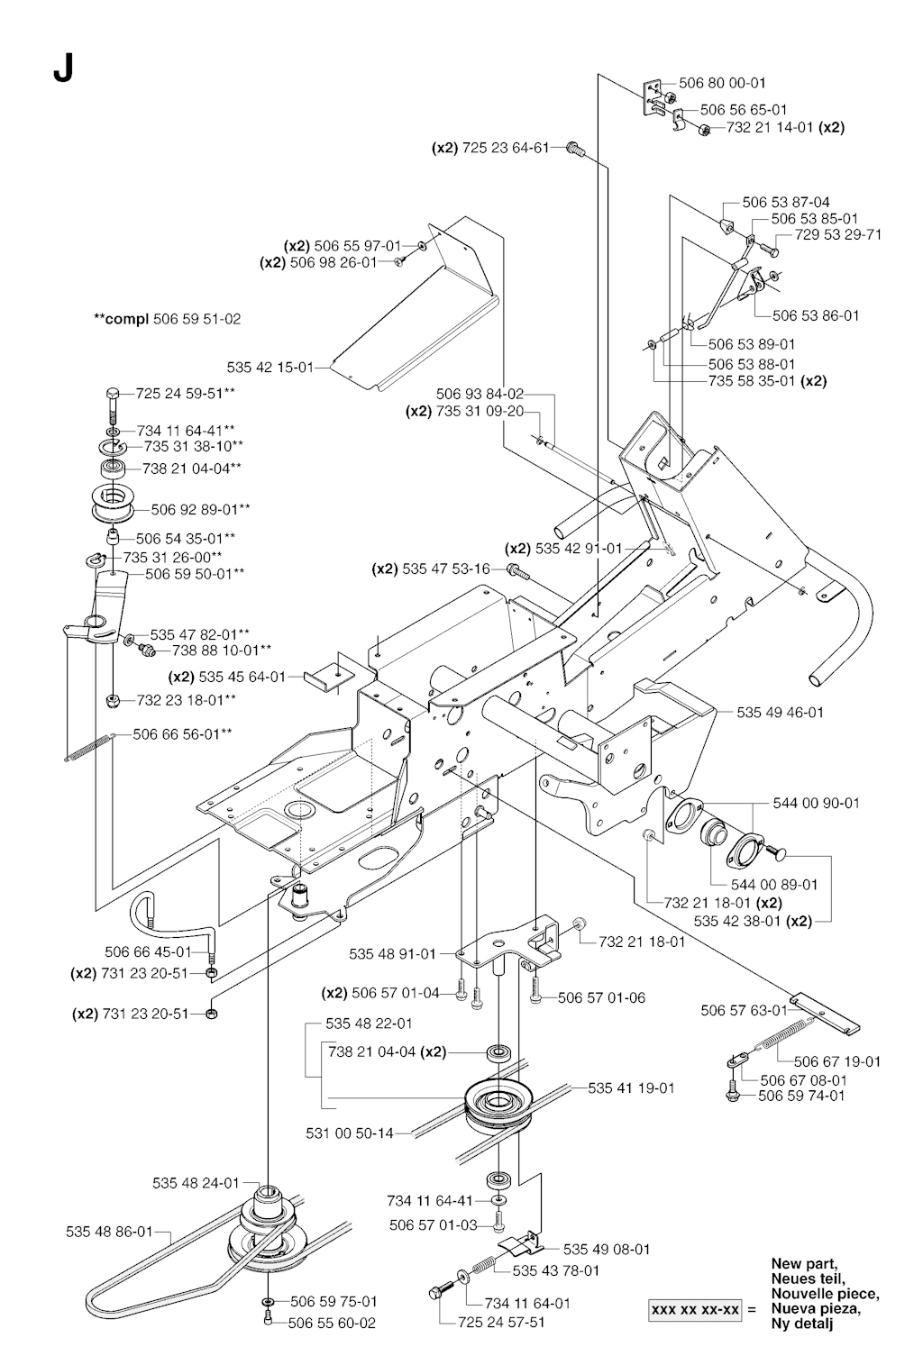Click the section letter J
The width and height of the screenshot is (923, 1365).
[62, 68]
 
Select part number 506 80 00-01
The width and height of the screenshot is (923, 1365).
[722, 83]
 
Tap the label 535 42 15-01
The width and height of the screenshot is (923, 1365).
[270, 368]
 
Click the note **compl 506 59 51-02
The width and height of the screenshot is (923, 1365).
[168, 319]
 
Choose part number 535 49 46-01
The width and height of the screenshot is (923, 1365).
[780, 712]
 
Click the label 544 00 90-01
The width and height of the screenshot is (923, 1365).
[816, 803]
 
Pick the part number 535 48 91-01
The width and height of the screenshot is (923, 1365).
[392, 953]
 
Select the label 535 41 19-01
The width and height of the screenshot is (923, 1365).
[631, 1087]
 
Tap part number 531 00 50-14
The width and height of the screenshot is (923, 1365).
[350, 1133]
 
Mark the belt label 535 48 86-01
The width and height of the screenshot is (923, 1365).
[109, 1231]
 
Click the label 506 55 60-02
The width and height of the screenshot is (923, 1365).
[332, 1323]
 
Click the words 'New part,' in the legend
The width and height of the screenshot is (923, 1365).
[804, 1263]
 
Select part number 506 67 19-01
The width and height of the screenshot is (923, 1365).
[837, 1061]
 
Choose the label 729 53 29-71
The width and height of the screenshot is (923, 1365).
[837, 234]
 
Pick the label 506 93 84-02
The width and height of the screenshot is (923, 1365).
[480, 394]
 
